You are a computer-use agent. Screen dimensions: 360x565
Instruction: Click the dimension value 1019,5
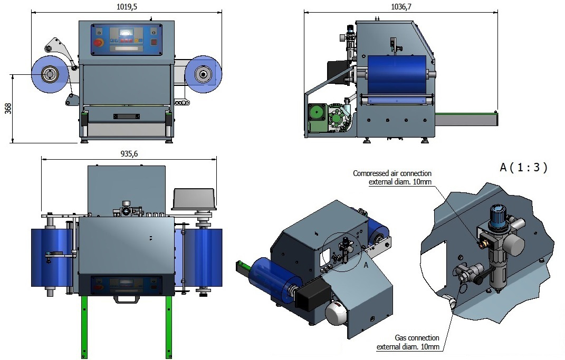click(x=126, y=6)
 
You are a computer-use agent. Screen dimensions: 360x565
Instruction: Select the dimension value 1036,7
click(x=402, y=6)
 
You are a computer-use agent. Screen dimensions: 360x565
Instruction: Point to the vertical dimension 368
click(x=8, y=109)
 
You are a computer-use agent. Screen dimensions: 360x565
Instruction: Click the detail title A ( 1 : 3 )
click(x=523, y=168)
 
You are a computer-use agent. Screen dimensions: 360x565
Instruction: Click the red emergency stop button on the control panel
click(x=98, y=43)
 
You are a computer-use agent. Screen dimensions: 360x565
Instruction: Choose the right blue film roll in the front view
click(x=203, y=74)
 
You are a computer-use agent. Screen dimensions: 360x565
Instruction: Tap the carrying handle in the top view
click(x=125, y=298)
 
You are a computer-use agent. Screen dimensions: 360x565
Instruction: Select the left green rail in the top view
click(x=83, y=327)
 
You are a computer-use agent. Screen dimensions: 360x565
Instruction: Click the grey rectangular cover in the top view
click(x=195, y=197)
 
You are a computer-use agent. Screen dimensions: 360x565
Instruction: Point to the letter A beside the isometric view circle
click(x=366, y=266)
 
